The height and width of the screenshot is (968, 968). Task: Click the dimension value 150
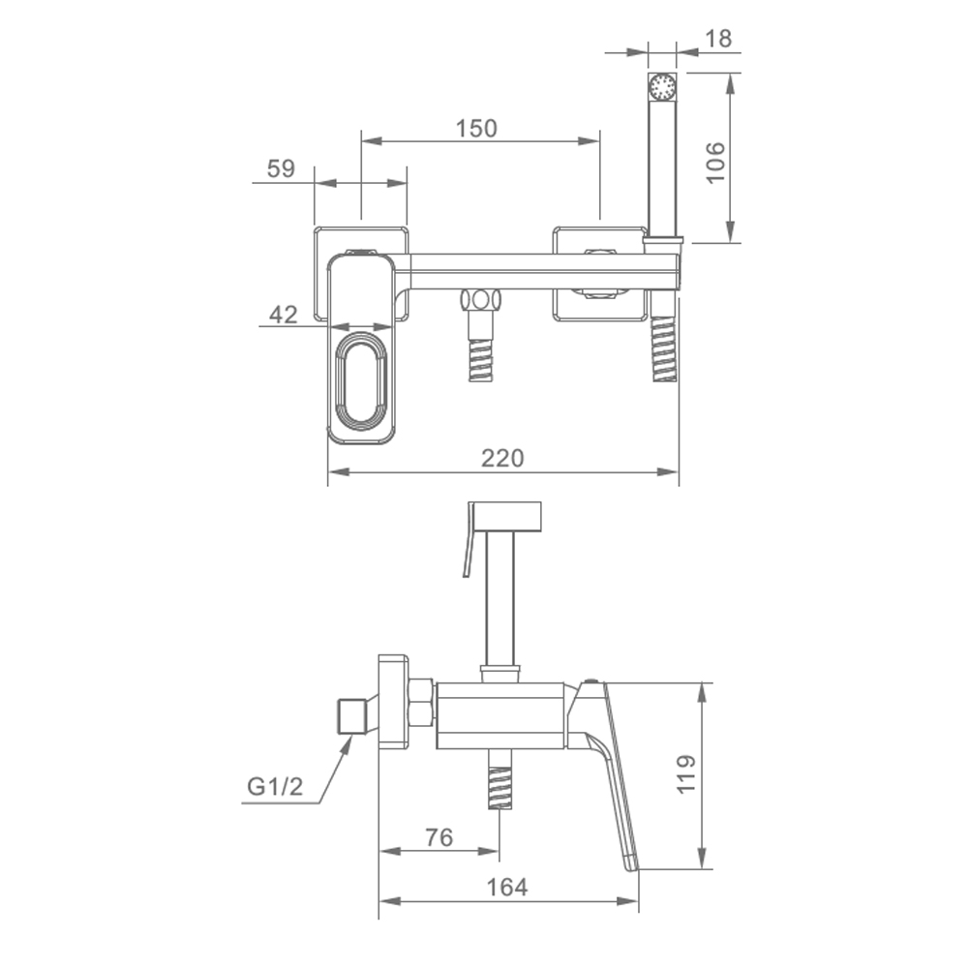coord(476,129)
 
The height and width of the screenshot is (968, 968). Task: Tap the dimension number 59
coord(281,167)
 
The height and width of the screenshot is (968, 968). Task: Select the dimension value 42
coord(284,315)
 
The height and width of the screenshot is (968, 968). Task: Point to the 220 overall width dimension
coord(502,458)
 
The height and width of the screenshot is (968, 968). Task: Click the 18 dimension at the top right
coord(718,39)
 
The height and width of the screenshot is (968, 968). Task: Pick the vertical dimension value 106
coord(715,163)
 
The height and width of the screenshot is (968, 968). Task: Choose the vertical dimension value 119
coord(686,774)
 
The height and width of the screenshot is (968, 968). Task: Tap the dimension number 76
coord(439,837)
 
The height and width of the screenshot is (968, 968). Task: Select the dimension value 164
coord(507,887)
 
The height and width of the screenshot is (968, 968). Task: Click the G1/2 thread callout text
coord(275,786)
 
